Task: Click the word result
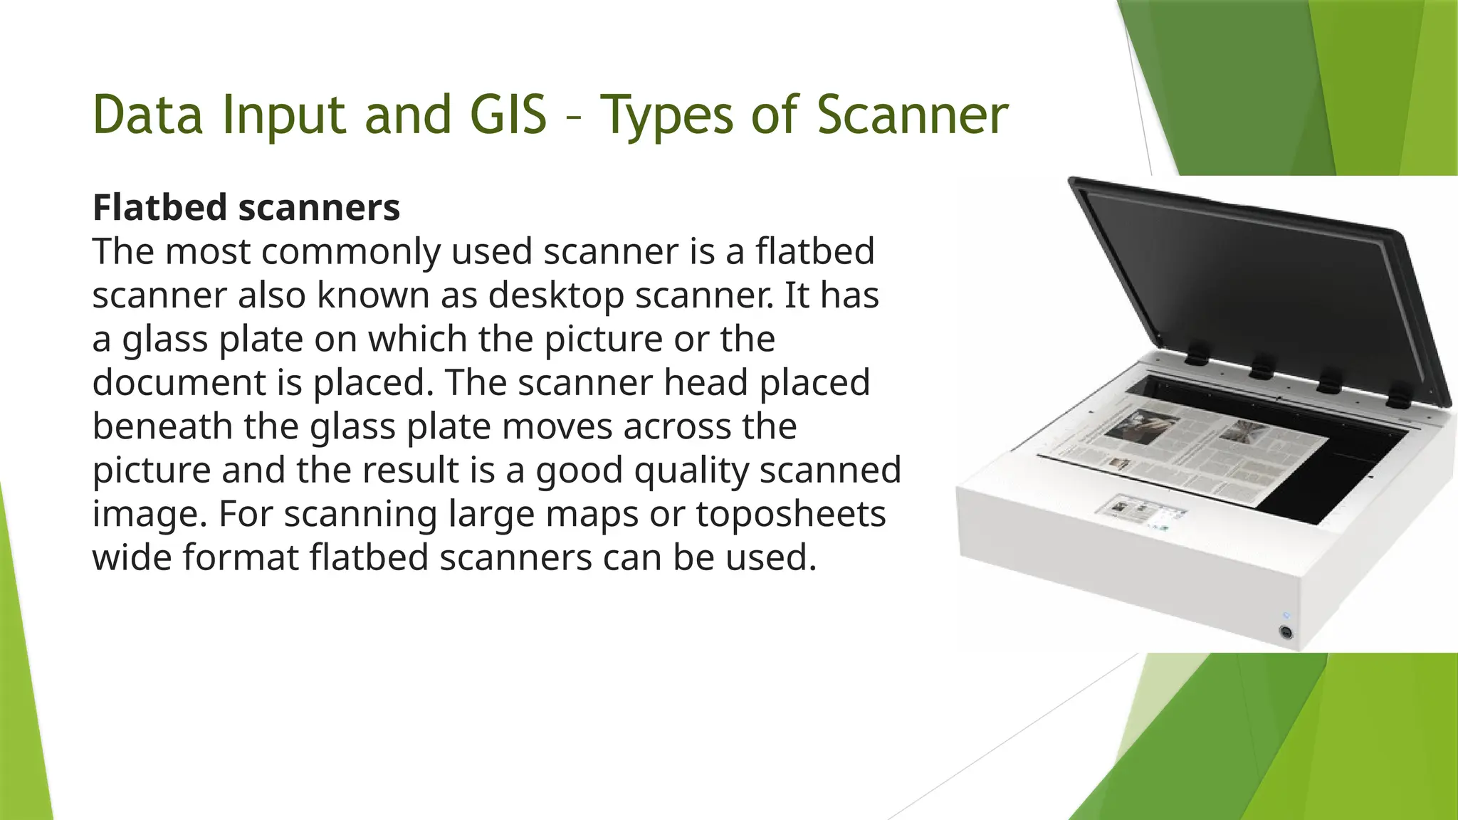coord(409,471)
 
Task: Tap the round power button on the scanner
coord(1286,631)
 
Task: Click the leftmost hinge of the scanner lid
coord(1196,353)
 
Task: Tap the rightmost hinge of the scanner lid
coord(1398,396)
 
